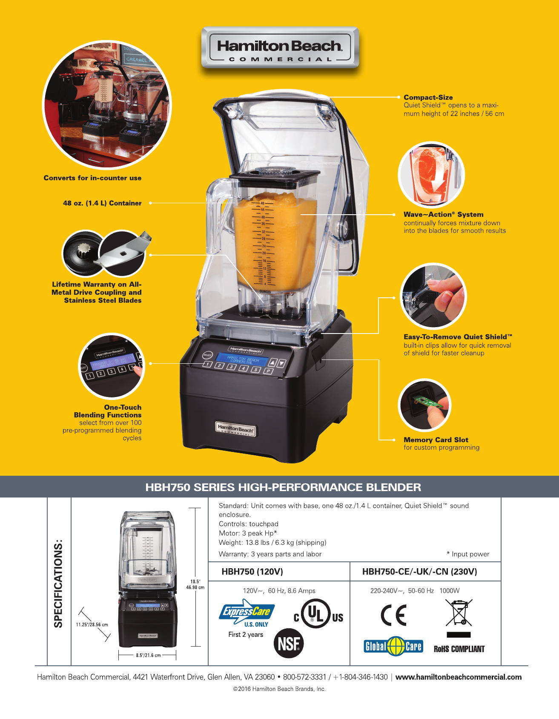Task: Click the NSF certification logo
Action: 289,643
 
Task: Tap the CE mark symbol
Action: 393,615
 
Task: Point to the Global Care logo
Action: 393,646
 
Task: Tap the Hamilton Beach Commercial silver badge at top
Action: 280,48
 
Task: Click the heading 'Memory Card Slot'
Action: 436,440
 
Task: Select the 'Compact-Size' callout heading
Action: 428,97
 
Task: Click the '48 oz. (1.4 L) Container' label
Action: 102,203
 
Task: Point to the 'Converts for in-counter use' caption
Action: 92,178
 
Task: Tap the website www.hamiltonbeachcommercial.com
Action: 459,677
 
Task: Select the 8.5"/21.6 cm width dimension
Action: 148,655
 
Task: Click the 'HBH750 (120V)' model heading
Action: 252,572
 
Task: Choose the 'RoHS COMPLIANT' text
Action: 459,649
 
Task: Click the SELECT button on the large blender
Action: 207,355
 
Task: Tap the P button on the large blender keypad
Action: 268,371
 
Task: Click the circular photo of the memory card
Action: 424,405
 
